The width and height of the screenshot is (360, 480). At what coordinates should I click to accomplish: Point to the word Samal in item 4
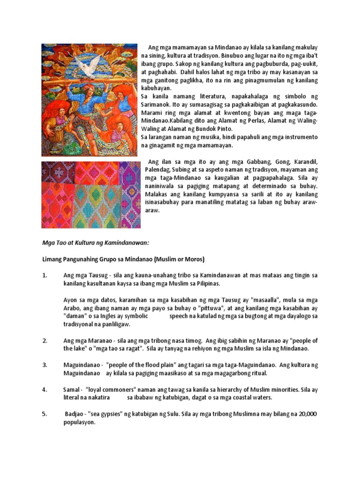point(71,390)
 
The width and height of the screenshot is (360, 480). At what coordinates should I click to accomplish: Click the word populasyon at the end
point(80,422)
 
